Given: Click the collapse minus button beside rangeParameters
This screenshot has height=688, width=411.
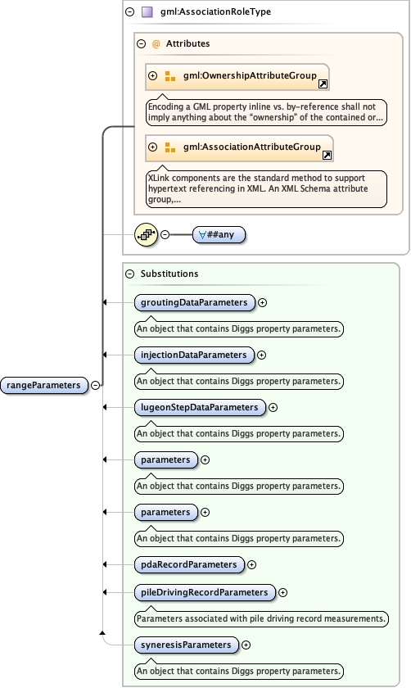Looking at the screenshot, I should [x=96, y=384].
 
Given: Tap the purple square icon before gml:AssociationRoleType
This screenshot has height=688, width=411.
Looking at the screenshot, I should [x=147, y=12].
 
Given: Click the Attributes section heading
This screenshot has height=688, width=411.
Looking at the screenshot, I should [x=187, y=43].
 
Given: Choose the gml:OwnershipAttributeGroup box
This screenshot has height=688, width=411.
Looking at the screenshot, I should [x=237, y=76].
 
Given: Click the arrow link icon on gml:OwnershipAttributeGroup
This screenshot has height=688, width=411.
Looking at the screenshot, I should [x=323, y=84].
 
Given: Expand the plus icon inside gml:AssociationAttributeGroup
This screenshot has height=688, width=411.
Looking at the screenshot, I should [x=152, y=147].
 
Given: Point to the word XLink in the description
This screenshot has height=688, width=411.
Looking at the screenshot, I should [x=161, y=177].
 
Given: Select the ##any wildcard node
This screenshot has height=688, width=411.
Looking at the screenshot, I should [x=219, y=234].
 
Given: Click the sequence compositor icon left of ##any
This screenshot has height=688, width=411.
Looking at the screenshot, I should [x=146, y=234].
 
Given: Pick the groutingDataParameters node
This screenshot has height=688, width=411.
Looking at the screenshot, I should [x=194, y=302].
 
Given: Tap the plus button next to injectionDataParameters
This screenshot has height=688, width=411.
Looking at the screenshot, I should [x=262, y=355].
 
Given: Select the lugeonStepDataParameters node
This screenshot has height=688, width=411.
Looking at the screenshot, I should [x=200, y=407].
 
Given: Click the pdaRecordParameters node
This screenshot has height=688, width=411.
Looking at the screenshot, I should [x=189, y=564].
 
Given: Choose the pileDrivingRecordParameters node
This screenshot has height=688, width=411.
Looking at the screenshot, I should [x=205, y=592].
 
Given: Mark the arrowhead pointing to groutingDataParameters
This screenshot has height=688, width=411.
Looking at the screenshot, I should [x=105, y=302].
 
